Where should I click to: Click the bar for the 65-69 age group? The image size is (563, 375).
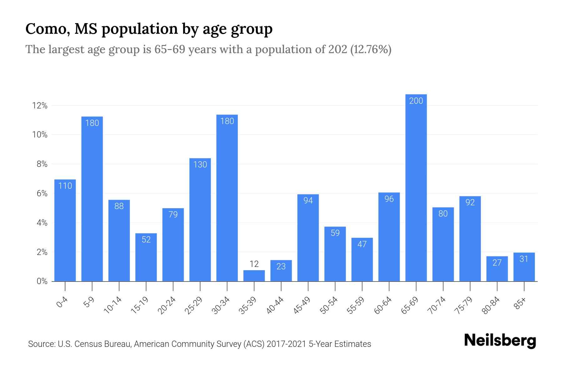416,187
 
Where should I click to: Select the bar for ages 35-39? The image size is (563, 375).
254,276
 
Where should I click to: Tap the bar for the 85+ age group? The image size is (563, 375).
524,267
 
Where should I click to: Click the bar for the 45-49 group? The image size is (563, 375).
308,237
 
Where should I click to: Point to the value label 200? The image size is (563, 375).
416,101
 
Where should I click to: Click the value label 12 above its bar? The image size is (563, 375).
254,264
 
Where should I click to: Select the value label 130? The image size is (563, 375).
200,164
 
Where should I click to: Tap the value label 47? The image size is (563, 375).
362,244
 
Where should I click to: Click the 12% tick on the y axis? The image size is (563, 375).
40,106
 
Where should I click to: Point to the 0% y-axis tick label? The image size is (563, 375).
42,281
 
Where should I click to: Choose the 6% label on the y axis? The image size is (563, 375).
42,193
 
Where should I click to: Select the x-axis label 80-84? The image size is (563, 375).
491,305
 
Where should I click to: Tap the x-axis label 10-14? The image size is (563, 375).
113,305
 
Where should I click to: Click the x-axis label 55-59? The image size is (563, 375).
356,305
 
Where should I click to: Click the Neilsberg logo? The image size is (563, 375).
500,341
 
